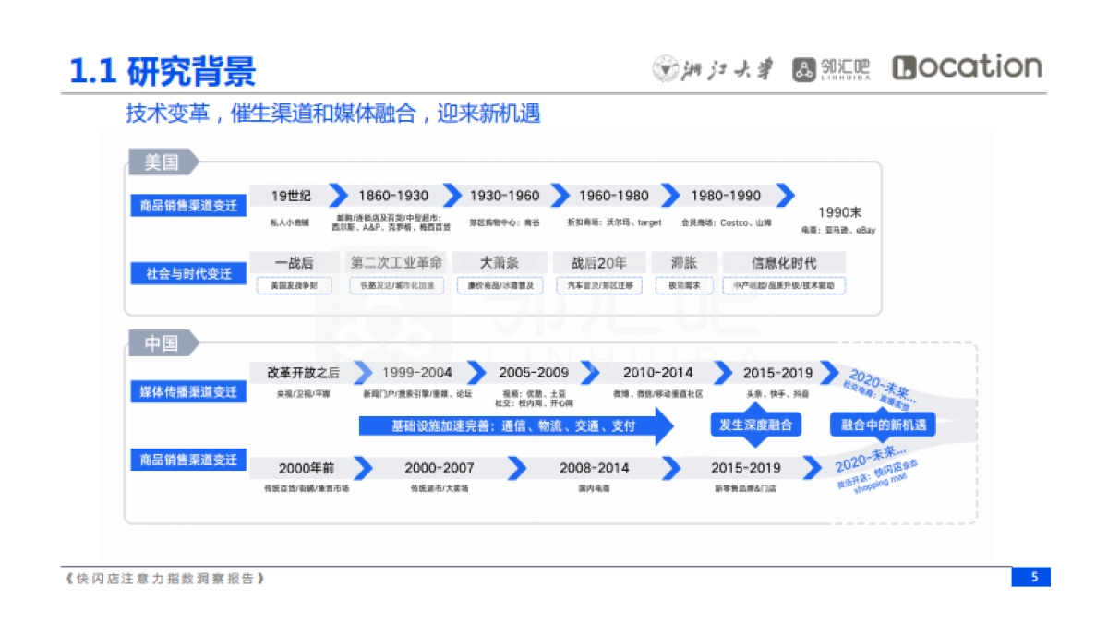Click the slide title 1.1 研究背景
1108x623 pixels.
coord(163,70)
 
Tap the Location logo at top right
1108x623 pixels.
coord(967,67)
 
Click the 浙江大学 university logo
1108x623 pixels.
coord(713,68)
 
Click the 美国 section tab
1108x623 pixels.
coord(162,162)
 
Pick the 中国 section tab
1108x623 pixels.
coord(162,343)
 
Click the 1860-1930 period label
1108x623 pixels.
coord(393,196)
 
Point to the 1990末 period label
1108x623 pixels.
coord(839,212)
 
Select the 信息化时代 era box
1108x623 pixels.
coord(784,263)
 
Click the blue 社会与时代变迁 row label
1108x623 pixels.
coord(188,273)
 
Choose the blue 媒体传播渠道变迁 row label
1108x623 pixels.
coord(188,392)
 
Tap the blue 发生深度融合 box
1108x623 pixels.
coord(756,425)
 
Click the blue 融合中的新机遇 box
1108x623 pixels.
coord(883,425)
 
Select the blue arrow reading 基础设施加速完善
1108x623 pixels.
coord(513,426)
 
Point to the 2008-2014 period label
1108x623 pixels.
coord(594,468)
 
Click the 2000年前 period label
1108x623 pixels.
coord(307,468)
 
